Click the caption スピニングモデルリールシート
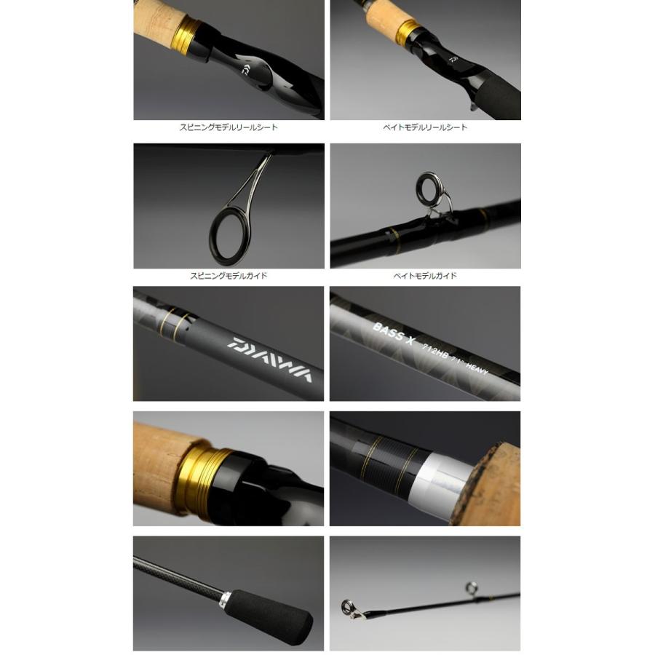(229, 127)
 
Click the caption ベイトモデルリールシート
(425, 127)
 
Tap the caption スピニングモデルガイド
(229, 276)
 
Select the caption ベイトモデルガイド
(425, 276)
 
